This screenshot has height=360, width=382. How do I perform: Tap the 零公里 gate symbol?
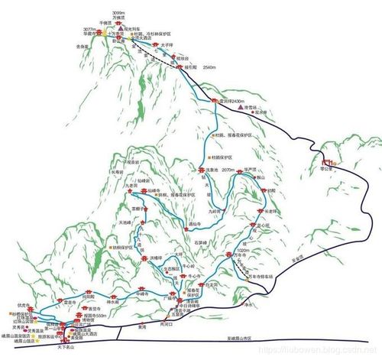[x=326, y=162]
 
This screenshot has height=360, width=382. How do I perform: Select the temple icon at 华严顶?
[x=239, y=172]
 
